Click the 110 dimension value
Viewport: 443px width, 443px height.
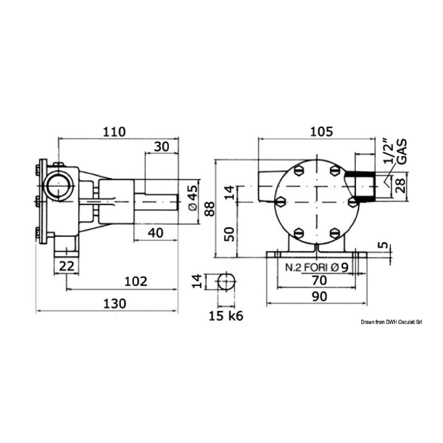(x=114, y=132)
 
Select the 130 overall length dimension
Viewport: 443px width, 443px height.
(x=115, y=304)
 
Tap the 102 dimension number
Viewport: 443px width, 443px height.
(x=136, y=281)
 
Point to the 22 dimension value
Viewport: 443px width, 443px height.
(x=67, y=266)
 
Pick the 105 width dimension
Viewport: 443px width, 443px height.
(x=321, y=132)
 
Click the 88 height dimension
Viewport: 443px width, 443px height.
(x=209, y=209)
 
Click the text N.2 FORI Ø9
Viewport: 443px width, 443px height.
(x=317, y=267)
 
